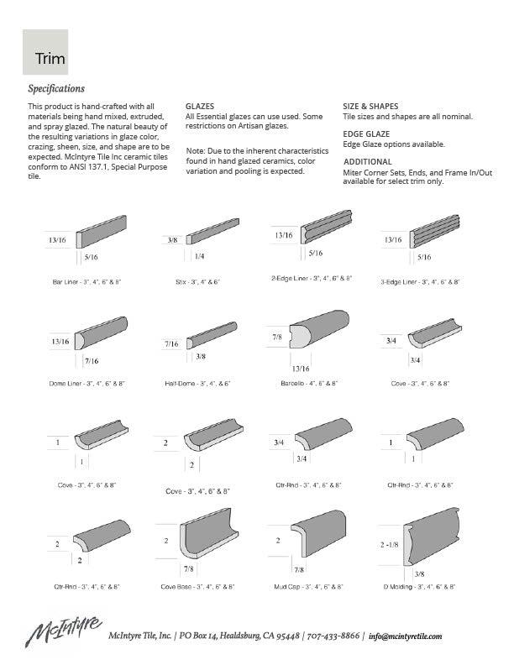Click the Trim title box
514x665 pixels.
pyautogui.click(x=45, y=52)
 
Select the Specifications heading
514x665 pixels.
pyautogui.click(x=56, y=88)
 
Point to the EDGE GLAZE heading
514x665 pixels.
pyautogui.click(x=366, y=134)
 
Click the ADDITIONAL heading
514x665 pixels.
pyautogui.click(x=368, y=161)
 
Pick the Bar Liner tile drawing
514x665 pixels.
pyautogui.click(x=102, y=230)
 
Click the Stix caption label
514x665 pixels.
pyautogui.click(x=197, y=282)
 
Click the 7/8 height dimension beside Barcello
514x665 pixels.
pyautogui.click(x=277, y=337)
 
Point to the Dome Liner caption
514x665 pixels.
pyautogui.click(x=87, y=383)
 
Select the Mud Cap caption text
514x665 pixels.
pyautogui.click(x=309, y=586)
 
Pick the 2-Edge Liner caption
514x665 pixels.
pyautogui.click(x=312, y=277)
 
